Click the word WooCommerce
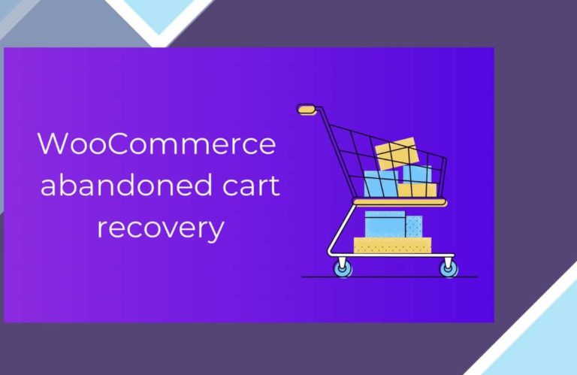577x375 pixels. coord(157,144)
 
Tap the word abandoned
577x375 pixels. coord(126,184)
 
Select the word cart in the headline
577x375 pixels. coord(251,186)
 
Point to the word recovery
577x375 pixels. coord(161,229)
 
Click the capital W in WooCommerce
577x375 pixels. coord(54,144)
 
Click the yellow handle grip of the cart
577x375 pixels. coord(306,109)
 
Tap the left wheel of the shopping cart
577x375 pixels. coord(343,268)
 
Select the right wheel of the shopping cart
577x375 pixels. coord(449,268)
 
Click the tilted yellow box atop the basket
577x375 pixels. coord(397,153)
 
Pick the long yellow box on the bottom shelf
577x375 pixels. coord(392,246)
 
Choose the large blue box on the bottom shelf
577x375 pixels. coord(385,224)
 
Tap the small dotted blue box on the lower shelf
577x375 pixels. coord(414,226)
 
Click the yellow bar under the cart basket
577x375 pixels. coord(400,202)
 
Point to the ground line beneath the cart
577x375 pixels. coord(390,277)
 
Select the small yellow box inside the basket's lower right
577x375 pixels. coord(417,190)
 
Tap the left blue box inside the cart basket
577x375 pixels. coord(380,183)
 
